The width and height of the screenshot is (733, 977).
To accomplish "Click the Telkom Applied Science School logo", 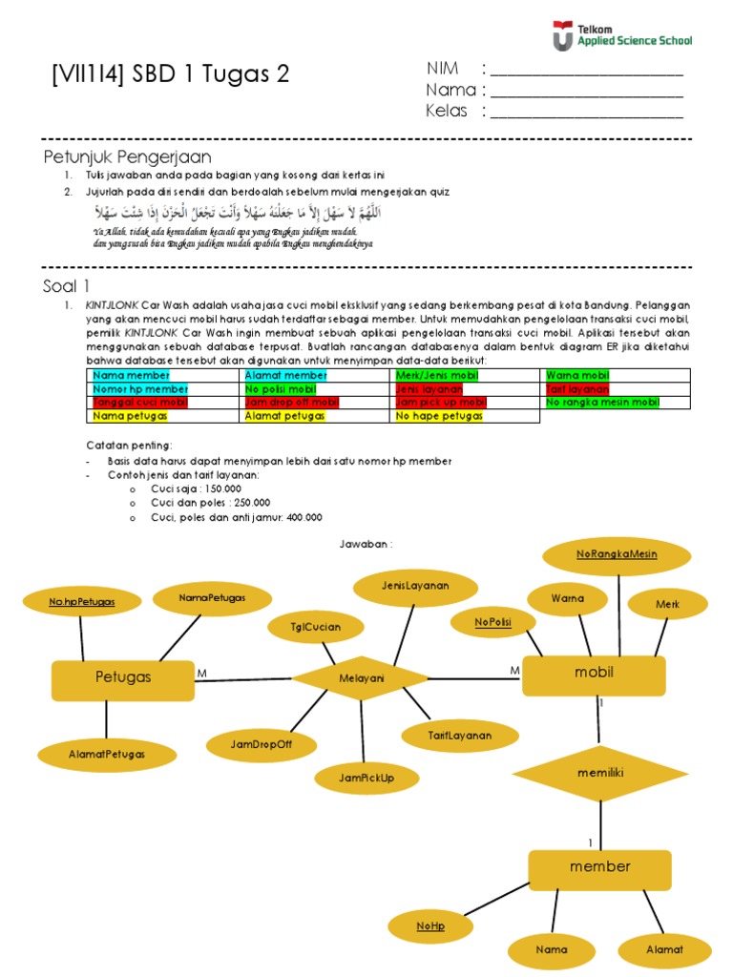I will [621, 36].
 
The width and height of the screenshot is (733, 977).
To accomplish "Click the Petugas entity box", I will [122, 678].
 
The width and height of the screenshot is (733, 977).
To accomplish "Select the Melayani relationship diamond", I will [361, 678].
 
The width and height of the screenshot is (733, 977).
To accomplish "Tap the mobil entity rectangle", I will [593, 675].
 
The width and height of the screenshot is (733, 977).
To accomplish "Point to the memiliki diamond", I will [599, 774].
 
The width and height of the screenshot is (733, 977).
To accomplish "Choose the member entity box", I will [599, 867].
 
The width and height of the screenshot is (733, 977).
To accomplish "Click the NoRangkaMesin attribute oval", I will [617, 555].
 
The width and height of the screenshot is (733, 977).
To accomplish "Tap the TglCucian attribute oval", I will [315, 627].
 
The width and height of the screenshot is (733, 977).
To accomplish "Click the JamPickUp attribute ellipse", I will [366, 779].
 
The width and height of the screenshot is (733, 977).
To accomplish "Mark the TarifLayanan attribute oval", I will [460, 736].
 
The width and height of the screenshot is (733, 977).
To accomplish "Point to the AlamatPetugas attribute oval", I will [107, 754].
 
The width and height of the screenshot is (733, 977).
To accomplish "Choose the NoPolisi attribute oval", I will [492, 623].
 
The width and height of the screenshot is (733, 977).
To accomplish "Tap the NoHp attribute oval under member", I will [430, 926].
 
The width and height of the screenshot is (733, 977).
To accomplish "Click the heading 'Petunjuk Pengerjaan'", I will [127, 156].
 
